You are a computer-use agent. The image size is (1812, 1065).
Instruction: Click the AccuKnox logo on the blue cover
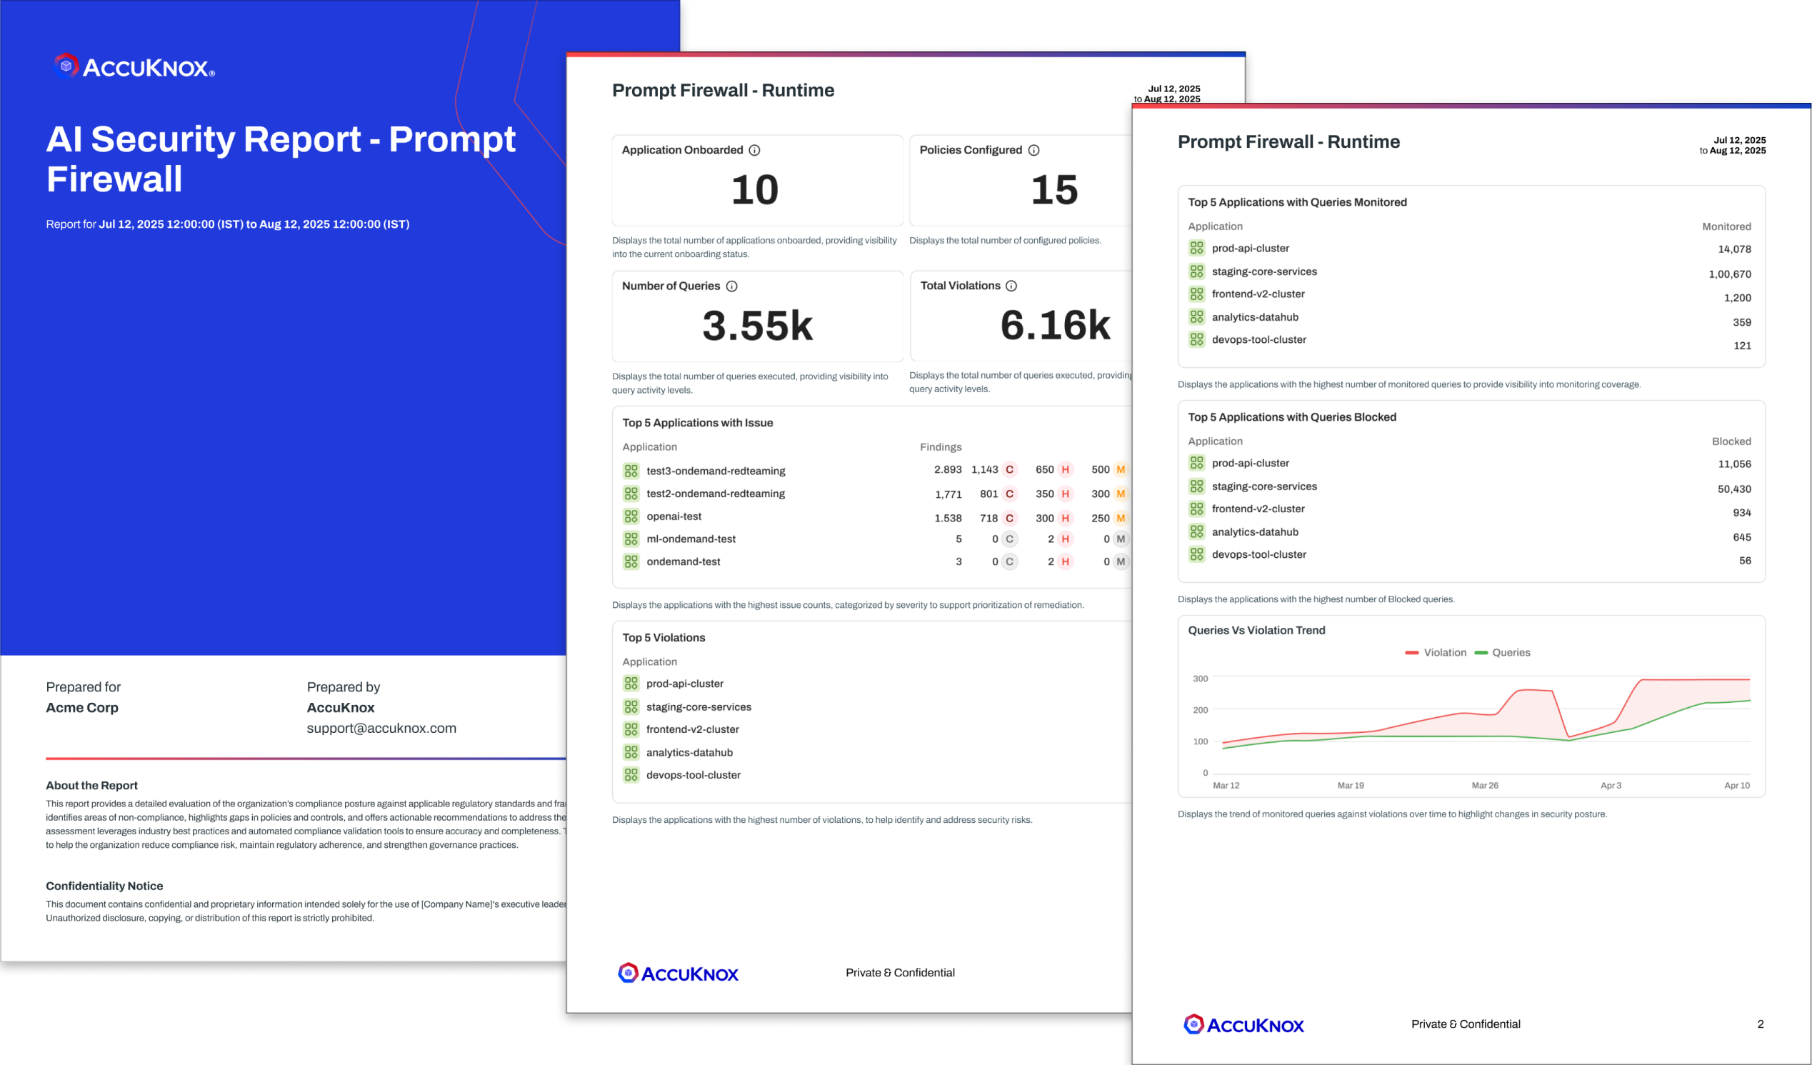coord(134,67)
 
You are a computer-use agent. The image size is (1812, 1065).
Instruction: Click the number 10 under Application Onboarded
coord(754,190)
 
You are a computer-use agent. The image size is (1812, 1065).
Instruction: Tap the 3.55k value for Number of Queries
coord(757,326)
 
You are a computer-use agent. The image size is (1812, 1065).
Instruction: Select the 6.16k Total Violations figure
coord(1055,325)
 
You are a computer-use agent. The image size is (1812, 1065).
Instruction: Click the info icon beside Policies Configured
coord(1033,150)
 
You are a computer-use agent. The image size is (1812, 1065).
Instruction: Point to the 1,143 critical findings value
coord(984,469)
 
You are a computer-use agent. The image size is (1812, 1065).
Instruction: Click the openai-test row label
coord(673,516)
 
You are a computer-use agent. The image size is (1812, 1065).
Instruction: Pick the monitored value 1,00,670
coord(1729,274)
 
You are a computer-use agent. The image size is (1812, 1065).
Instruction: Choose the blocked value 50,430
coord(1733,489)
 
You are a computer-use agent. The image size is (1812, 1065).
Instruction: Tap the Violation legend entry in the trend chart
coord(1436,652)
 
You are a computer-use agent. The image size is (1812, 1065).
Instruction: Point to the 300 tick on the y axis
coord(1200,678)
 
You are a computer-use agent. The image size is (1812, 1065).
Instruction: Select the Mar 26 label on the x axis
coord(1485,785)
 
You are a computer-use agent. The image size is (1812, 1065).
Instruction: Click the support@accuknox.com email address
coord(381,728)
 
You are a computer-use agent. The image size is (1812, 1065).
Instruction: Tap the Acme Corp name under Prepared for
coord(82,708)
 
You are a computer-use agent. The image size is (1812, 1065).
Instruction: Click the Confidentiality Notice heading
coord(104,886)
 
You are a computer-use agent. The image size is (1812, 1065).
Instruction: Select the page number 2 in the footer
coord(1761,1024)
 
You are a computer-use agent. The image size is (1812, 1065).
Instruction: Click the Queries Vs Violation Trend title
coord(1256,630)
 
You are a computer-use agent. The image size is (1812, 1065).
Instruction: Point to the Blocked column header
coord(1731,441)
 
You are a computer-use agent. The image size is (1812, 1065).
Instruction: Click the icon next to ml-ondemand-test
coord(631,539)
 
